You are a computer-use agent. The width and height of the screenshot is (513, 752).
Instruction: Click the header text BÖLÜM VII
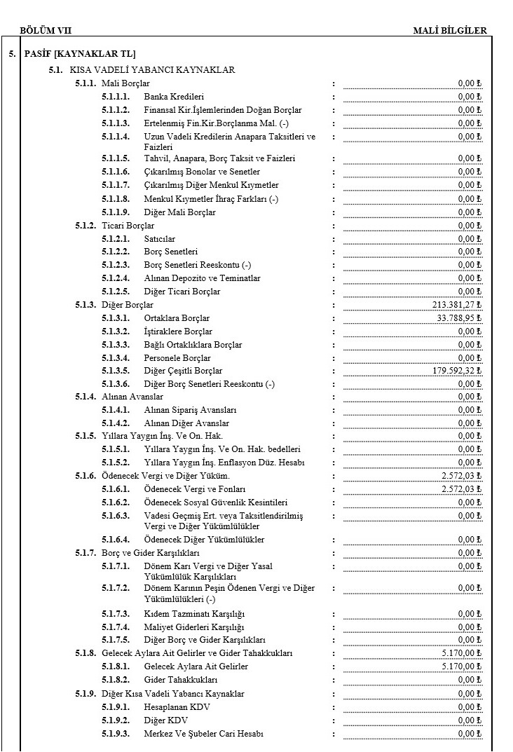(x=46, y=30)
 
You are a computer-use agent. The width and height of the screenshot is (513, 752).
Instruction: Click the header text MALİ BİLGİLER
(x=450, y=30)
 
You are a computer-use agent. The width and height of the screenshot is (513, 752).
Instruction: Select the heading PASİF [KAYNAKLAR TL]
(x=80, y=54)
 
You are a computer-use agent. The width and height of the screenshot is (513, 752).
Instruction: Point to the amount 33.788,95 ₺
(x=460, y=318)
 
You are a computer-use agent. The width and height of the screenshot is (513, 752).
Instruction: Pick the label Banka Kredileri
(x=174, y=97)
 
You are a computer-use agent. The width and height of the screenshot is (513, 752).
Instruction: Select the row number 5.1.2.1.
(x=116, y=239)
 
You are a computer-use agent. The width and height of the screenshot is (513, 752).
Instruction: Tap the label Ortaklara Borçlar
(x=177, y=318)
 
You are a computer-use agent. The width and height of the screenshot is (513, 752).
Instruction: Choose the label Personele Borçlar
(x=177, y=357)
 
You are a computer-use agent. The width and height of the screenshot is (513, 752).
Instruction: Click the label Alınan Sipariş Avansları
(x=190, y=410)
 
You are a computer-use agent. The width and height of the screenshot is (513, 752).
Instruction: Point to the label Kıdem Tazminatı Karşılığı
(x=194, y=614)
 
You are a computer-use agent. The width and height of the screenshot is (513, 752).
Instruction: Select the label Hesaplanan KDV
(x=177, y=707)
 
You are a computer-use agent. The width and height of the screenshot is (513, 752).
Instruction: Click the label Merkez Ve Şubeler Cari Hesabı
(x=203, y=734)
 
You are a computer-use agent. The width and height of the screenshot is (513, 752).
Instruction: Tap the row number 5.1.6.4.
(x=116, y=540)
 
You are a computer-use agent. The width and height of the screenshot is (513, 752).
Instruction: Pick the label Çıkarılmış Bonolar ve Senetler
(x=202, y=172)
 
